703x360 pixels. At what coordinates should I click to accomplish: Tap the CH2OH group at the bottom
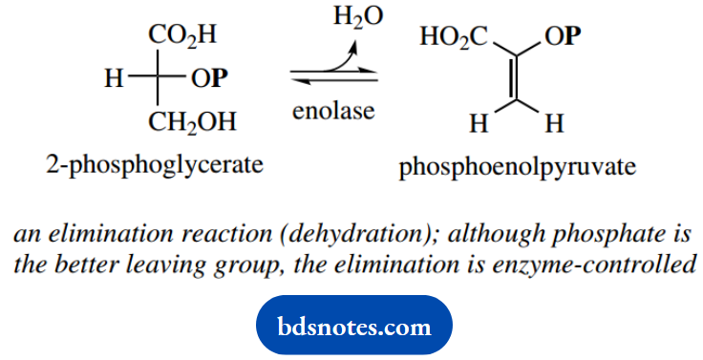point(192,123)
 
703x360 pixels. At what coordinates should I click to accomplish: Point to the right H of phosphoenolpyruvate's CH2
point(551,124)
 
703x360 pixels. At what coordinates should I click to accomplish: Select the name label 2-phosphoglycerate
point(154,165)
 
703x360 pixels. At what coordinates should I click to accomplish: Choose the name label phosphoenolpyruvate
point(517,169)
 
